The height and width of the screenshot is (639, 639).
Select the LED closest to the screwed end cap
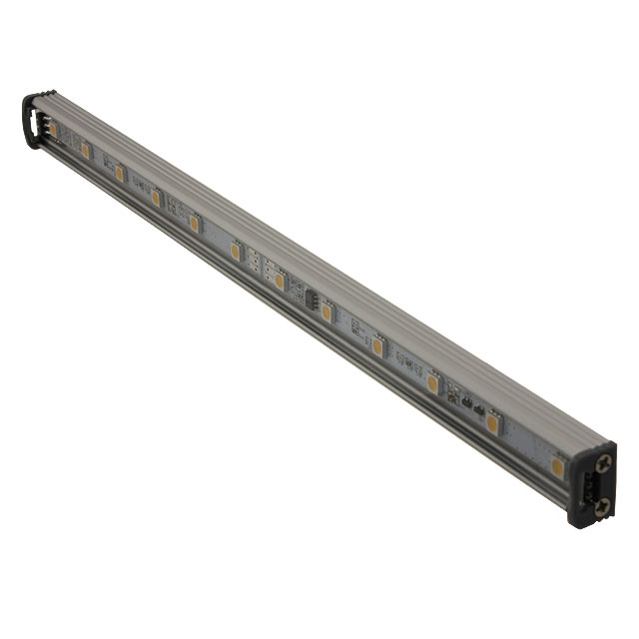(x=557, y=466)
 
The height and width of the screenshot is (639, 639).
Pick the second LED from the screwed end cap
(x=492, y=424)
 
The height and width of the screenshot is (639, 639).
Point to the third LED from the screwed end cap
(x=433, y=383)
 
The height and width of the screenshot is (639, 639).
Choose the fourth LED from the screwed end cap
(x=377, y=347)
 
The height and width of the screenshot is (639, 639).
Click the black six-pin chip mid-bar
(x=305, y=298)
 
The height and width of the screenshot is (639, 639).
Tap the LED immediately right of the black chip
(x=326, y=313)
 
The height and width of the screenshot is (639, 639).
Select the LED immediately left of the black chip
(x=280, y=282)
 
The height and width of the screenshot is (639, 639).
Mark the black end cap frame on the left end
(x=31, y=120)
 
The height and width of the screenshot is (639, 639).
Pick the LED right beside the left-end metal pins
(x=85, y=151)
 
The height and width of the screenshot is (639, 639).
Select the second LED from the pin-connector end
(x=119, y=174)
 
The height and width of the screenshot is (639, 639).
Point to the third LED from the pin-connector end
(x=155, y=198)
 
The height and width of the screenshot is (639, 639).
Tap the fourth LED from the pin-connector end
(x=194, y=224)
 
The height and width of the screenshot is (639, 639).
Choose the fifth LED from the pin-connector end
(x=236, y=252)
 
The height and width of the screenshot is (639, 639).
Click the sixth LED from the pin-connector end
(x=280, y=282)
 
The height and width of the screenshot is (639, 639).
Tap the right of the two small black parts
(x=479, y=411)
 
